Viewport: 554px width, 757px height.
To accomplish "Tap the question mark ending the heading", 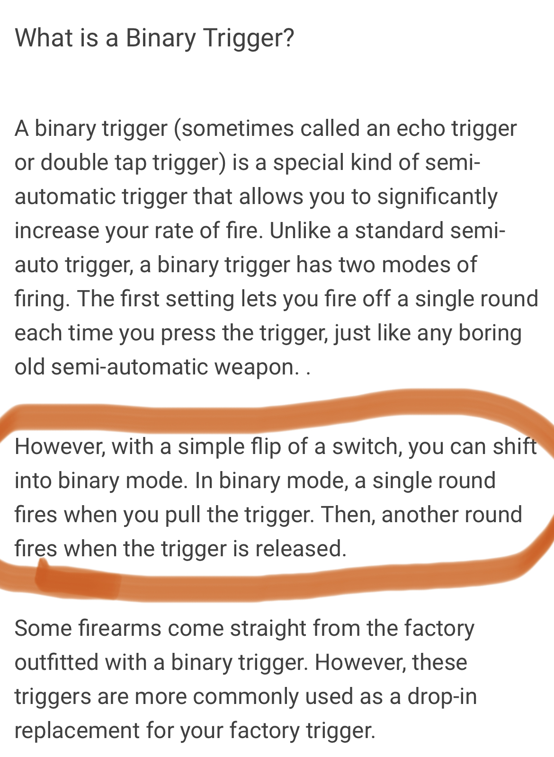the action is click(x=288, y=37).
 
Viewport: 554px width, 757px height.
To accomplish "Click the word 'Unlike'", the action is click(x=300, y=231).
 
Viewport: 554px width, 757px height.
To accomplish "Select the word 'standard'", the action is click(x=399, y=231).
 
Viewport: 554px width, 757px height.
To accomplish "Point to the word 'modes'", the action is click(x=416, y=265).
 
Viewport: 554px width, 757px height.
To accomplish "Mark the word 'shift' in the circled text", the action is click(x=514, y=446).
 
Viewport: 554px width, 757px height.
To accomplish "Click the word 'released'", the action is click(x=297, y=549).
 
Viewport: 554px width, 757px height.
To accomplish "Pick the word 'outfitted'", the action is click(x=56, y=662).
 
